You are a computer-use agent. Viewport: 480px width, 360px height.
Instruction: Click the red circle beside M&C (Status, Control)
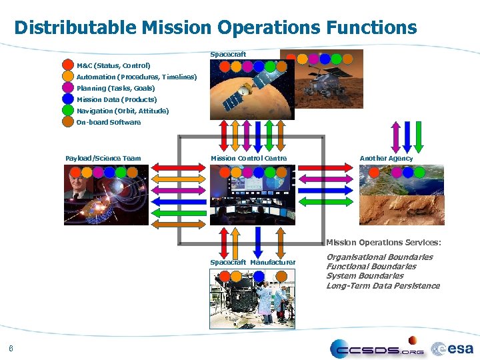tap(68, 65)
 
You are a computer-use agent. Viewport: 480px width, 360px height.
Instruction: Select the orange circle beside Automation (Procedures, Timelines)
tap(68, 77)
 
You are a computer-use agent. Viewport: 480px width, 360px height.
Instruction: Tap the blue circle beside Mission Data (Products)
tap(68, 99)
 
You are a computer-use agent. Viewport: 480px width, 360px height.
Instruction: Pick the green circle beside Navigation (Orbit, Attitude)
tap(68, 111)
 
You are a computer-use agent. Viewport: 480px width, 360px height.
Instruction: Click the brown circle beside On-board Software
tap(68, 122)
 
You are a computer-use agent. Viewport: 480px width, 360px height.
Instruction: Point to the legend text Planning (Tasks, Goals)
tap(115, 88)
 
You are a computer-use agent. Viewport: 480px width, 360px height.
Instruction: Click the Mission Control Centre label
tap(249, 158)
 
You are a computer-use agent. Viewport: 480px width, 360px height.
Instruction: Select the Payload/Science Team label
tap(103, 158)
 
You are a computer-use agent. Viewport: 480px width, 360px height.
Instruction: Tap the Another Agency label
tap(386, 158)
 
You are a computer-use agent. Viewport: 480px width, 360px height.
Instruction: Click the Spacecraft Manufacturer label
tap(253, 262)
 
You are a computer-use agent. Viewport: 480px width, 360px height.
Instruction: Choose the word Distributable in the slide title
tap(76, 27)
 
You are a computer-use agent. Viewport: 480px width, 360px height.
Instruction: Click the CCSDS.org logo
tap(377, 348)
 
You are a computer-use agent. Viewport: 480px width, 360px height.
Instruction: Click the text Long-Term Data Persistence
tap(383, 285)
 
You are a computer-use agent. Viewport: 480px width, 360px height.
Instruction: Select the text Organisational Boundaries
tap(379, 257)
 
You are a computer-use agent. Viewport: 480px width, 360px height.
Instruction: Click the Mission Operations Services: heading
tap(383, 242)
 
